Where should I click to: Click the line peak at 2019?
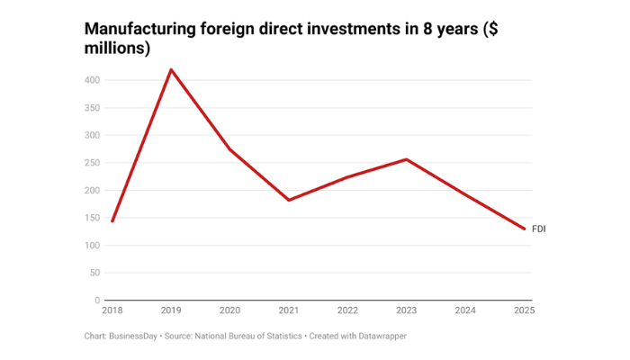point(171,69)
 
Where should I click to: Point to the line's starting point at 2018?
point(112,220)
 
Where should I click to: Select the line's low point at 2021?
point(289,200)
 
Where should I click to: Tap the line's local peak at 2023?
point(407,159)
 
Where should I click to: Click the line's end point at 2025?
point(524,229)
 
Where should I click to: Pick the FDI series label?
point(539,229)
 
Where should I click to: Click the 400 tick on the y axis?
point(92,80)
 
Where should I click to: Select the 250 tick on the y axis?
point(92,163)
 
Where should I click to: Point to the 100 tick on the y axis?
point(92,246)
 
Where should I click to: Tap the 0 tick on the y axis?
point(96,301)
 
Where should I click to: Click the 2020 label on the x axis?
point(229,310)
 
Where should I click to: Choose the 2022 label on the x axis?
point(347,310)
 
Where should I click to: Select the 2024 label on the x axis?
point(465,310)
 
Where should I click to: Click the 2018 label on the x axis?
point(112,310)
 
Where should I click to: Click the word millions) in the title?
point(117,49)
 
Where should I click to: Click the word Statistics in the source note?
point(276,336)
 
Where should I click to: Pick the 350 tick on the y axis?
point(92,108)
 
